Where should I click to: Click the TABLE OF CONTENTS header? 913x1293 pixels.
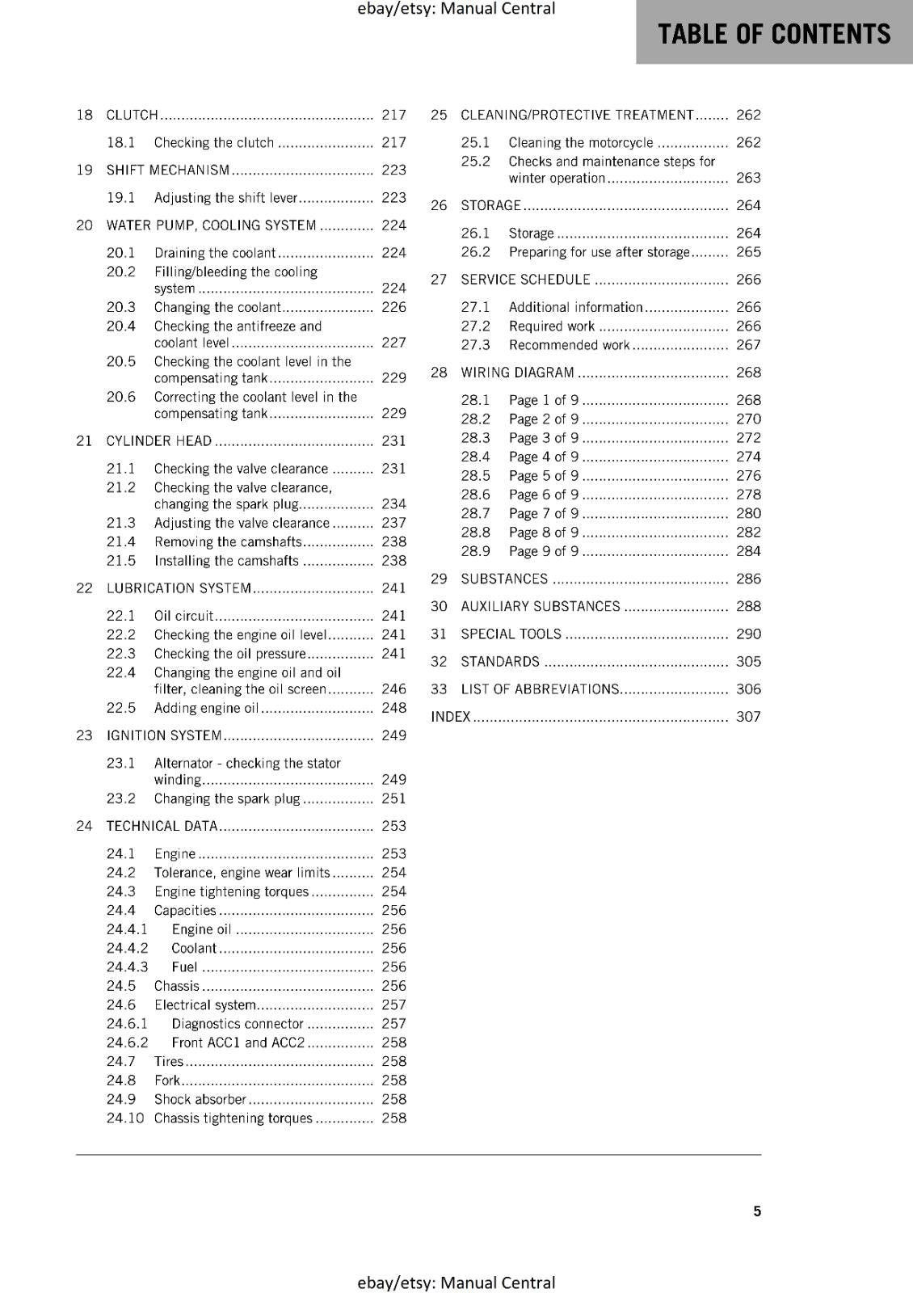774,34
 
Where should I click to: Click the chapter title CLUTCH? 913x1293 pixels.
133,116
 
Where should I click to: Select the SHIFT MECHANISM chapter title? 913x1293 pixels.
168,171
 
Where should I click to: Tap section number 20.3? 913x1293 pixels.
121,308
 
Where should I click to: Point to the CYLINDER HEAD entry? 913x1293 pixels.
159,441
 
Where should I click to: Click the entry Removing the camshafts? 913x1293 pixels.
228,542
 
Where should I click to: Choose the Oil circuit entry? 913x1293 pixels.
183,616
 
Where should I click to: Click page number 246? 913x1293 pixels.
394,689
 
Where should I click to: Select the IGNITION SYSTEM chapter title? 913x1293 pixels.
164,736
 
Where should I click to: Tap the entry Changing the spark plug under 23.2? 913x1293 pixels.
227,799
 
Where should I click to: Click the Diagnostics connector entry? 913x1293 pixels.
238,1024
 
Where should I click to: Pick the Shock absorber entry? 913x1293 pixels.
200,1100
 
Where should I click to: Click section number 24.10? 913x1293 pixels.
125,1118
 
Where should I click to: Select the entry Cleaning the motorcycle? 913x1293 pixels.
581,143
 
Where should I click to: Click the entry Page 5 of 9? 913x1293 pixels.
544,476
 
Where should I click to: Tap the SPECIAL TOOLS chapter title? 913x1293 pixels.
511,634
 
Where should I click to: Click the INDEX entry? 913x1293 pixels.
451,717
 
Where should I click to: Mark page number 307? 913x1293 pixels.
748,717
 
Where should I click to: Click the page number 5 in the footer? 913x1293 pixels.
757,1211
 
